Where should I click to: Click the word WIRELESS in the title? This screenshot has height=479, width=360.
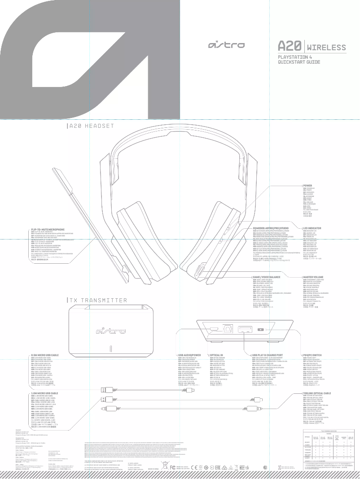pos(327,48)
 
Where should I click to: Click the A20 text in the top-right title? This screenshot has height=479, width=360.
pos(290,47)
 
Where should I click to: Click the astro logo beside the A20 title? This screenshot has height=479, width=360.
pos(226,46)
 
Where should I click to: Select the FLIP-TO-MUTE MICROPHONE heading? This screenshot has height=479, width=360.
pos(48,230)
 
